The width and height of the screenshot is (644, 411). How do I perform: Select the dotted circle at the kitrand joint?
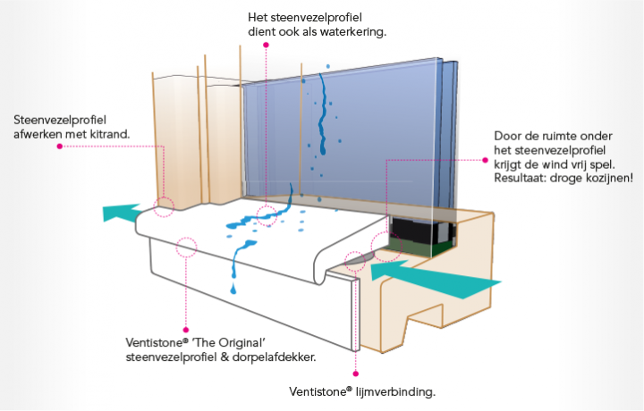164,206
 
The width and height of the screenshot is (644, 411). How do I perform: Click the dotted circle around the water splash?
267,214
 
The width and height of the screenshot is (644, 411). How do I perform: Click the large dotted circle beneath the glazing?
386,244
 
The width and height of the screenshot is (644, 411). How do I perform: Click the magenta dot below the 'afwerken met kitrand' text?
59,147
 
